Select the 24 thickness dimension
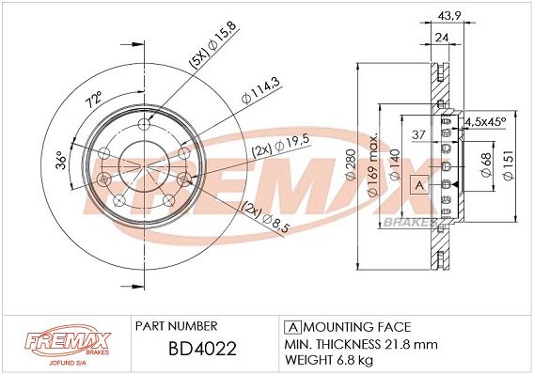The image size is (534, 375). [x=441, y=39]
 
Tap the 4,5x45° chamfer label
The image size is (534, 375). [x=486, y=121]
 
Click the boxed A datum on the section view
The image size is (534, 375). [x=419, y=186]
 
